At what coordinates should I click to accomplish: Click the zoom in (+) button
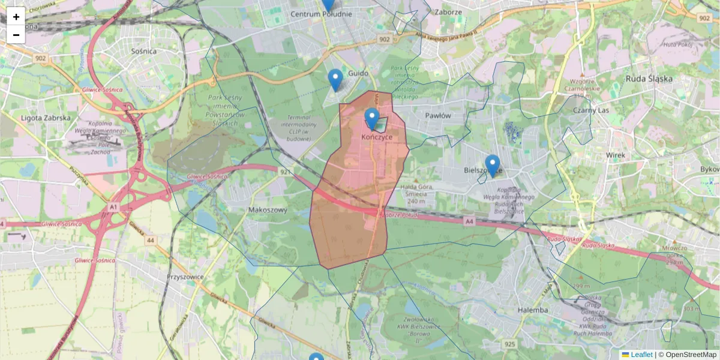16,17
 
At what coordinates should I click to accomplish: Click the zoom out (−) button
16,35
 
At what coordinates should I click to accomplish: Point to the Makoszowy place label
268,210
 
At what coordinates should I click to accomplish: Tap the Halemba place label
532,310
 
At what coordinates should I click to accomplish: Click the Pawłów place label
437,115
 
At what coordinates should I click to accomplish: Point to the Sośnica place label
142,52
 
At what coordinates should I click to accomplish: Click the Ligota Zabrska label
46,118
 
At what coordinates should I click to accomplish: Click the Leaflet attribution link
641,355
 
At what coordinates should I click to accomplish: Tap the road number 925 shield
510,344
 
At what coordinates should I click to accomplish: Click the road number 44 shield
150,240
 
